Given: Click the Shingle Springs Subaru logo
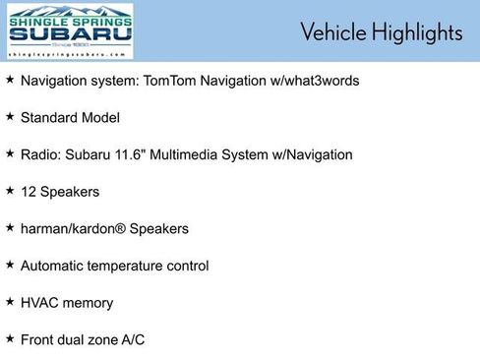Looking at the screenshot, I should (70, 31).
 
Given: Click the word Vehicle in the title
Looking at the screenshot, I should (333, 32).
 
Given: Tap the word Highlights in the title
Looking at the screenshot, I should (417, 32).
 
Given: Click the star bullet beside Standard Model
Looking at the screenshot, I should (10, 116).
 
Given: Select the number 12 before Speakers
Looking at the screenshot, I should (29, 192).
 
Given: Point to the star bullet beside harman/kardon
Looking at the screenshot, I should (10, 227).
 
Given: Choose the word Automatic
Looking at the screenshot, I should (53, 266).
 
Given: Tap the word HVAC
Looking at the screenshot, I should (39, 303).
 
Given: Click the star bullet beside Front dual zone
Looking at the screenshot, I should (10, 338).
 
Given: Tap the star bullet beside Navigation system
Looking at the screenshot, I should (10, 79).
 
